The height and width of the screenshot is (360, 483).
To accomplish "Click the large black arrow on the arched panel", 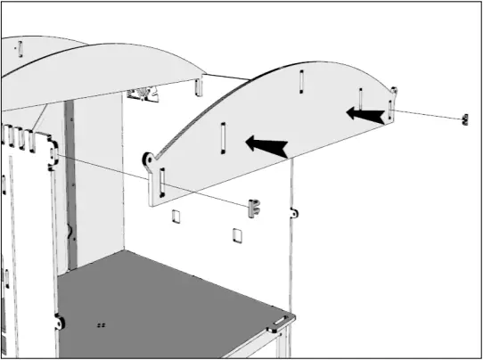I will [267, 145].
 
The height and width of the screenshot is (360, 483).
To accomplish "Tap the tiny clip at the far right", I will [463, 120].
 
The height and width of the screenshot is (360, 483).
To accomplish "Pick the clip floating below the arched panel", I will [255, 208].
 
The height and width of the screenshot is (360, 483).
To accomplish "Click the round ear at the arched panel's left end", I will [149, 160].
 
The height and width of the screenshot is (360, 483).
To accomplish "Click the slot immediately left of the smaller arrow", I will [360, 100].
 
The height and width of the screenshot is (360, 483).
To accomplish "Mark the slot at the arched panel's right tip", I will [390, 110].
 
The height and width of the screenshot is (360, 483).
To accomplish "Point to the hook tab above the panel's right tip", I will [392, 91].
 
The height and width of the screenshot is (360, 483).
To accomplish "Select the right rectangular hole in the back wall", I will [236, 233].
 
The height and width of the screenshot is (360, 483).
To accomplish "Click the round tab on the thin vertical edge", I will [292, 214].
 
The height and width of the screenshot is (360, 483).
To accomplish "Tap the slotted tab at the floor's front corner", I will [282, 320].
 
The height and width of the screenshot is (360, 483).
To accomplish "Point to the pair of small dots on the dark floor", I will [101, 325].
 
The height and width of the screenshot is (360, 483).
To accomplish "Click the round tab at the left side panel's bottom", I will [59, 322].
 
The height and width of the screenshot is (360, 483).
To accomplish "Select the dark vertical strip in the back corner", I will [68, 178].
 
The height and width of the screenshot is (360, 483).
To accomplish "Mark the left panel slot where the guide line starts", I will [56, 157].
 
